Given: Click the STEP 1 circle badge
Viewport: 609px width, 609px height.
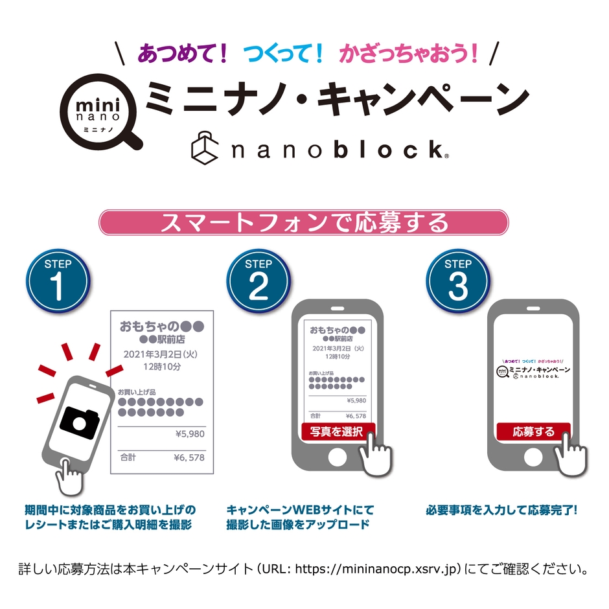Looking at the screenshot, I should tap(58, 279).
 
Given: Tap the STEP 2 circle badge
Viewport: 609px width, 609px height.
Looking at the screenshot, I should tap(258, 279).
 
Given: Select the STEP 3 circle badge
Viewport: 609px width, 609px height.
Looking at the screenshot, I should tap(457, 279).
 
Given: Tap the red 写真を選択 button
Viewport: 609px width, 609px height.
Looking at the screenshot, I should tap(338, 431).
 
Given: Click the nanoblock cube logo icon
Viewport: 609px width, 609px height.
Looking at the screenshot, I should tap(207, 147).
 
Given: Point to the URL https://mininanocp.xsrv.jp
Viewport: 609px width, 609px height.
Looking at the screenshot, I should tap(377, 570).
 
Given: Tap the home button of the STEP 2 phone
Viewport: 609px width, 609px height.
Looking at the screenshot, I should tap(338, 457).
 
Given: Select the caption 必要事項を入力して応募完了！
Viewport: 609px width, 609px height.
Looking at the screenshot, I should tap(501, 510).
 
